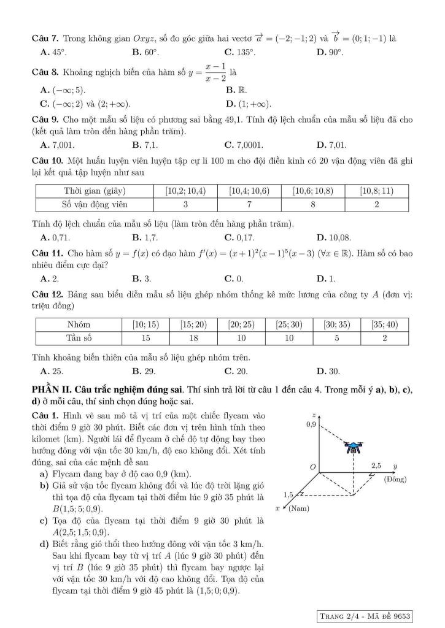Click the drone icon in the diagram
tap(354, 447)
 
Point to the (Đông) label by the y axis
tap(397, 479)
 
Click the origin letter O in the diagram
tap(312, 468)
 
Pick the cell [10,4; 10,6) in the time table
tap(249, 191)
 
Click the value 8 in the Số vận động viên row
tap(314, 204)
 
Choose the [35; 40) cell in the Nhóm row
tap(384, 324)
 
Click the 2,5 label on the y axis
tap(377, 467)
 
